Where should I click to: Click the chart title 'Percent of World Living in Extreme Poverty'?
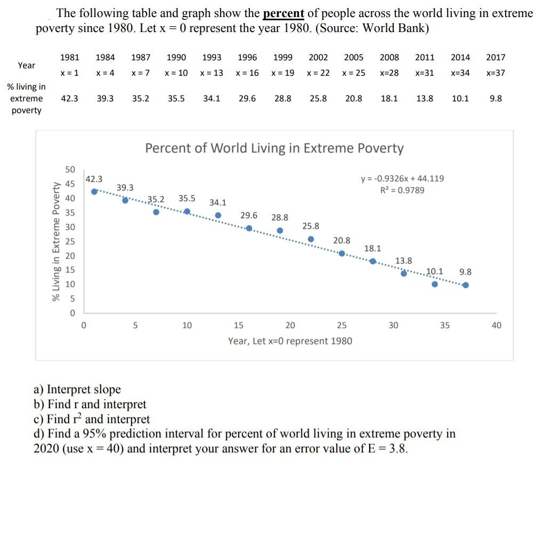coord(274,148)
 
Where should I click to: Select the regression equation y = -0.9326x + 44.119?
coord(402,179)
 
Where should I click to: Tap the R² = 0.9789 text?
coord(402,190)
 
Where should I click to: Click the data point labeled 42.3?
coord(94,191)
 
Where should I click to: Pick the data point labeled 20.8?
coord(342,253)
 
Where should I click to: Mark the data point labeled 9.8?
coord(466,285)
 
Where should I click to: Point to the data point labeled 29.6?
coord(249,228)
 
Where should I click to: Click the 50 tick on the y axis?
coord(70,170)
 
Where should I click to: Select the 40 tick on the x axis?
coord(496,325)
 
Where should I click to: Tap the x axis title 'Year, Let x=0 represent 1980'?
coord(290,341)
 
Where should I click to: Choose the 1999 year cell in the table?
coord(282,58)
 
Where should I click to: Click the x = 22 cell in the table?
coord(318,73)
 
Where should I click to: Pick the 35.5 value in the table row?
coord(176,99)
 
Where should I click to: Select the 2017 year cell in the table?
coord(496,58)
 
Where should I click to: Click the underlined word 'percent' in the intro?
coord(283,13)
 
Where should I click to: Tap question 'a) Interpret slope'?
coord(77,390)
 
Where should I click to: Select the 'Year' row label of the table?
coord(27,66)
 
